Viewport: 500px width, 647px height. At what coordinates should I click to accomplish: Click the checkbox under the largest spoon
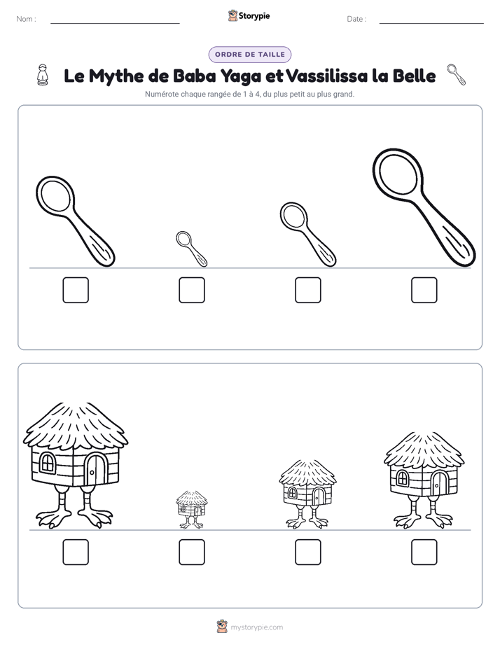pos(424,290)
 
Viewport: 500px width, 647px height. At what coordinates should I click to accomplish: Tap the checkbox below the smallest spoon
pos(192,290)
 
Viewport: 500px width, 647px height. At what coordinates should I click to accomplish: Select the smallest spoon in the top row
pos(191,249)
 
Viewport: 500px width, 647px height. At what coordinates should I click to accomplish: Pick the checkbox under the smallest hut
pos(192,552)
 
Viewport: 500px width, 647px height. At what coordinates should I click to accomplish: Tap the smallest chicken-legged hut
pos(192,510)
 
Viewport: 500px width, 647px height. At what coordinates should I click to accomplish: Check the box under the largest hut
pos(76,552)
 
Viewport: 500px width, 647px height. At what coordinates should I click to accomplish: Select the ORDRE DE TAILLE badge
pos(250,55)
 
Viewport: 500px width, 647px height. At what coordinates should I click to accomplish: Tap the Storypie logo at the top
pos(249,15)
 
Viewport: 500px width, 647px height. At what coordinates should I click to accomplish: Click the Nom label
pos(26,19)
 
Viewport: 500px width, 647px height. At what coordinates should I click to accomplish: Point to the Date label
pos(356,19)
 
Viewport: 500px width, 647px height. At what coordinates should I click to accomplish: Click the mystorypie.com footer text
pos(256,627)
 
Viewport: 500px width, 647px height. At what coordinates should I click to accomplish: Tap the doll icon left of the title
pos(43,75)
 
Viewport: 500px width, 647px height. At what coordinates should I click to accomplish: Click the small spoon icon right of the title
pos(457,75)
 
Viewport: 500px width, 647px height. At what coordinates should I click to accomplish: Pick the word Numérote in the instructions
pos(162,94)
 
